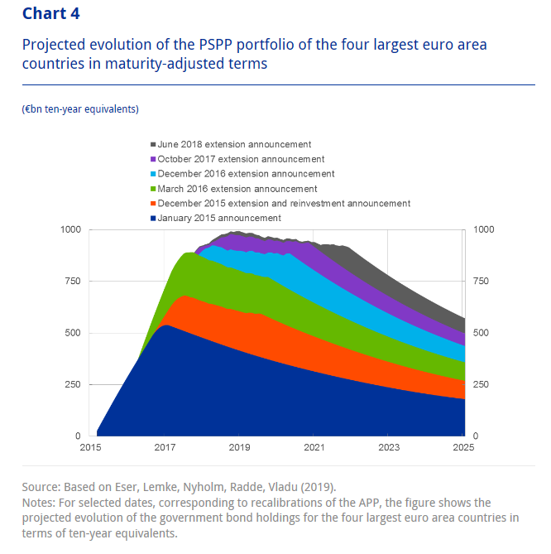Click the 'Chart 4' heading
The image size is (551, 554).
pyautogui.click(x=51, y=13)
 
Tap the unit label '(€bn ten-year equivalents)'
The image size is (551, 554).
pyautogui.click(x=80, y=108)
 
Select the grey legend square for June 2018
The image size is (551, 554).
pyautogui.click(x=153, y=145)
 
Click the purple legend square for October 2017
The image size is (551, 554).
pyautogui.click(x=153, y=159)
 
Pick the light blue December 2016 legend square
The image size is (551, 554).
pyautogui.click(x=153, y=174)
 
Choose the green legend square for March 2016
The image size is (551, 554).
pyautogui.click(x=153, y=189)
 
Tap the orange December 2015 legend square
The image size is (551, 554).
pyautogui.click(x=153, y=203)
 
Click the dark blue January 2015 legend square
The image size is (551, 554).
pyautogui.click(x=153, y=218)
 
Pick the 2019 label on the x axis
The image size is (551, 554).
pyautogui.click(x=239, y=448)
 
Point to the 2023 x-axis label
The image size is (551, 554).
pyautogui.click(x=389, y=448)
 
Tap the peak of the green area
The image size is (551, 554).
pyautogui.click(x=189, y=253)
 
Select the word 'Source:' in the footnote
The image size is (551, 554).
pyautogui.click(x=43, y=486)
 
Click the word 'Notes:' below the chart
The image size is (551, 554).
pyautogui.click(x=41, y=503)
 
